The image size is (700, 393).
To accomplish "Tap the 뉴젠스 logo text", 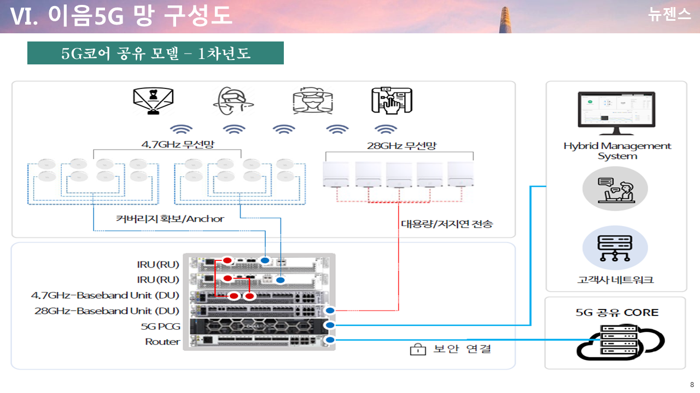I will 669,15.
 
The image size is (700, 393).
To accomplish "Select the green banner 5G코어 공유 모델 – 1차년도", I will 155,53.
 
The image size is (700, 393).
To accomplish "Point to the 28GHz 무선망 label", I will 401,146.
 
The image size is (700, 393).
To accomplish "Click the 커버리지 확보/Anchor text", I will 170,219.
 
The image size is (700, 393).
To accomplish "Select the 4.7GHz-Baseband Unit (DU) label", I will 105,295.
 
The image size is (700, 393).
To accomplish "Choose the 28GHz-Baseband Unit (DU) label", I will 107,311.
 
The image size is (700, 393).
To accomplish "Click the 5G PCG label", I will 160,326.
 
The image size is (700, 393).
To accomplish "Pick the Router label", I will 162,342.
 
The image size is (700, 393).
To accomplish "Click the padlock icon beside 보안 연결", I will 418,349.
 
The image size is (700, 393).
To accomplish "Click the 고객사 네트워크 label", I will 616,280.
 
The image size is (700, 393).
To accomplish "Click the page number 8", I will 692,384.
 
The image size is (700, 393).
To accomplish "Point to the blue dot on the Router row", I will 330,340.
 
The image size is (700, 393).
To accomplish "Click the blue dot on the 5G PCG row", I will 330,325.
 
